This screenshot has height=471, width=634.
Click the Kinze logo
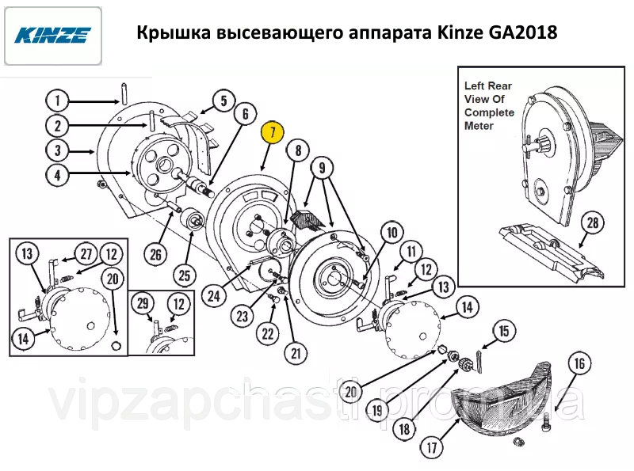point(53,36)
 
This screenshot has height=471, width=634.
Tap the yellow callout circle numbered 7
point(273,132)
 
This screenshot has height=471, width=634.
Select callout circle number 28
point(592,222)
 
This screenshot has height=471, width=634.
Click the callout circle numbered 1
point(57,101)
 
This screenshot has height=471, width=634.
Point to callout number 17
point(432,447)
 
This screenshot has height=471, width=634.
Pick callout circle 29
point(143,304)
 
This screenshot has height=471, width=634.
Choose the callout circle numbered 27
point(86,254)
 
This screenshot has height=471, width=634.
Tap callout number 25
point(185,275)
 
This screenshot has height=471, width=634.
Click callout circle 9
point(322,168)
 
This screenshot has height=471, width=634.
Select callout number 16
point(579,363)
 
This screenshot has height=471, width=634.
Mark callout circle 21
point(296,354)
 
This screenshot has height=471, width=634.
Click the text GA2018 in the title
point(522,32)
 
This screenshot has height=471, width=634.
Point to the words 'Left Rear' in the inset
point(488,85)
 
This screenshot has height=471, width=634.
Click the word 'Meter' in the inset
point(479,126)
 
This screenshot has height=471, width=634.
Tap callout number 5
point(224,101)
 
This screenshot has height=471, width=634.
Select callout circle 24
point(214,296)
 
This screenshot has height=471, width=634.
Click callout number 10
point(391,232)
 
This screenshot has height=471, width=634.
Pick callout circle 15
point(504,331)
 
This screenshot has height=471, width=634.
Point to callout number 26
point(155,254)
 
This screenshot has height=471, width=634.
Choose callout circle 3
point(57,150)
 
